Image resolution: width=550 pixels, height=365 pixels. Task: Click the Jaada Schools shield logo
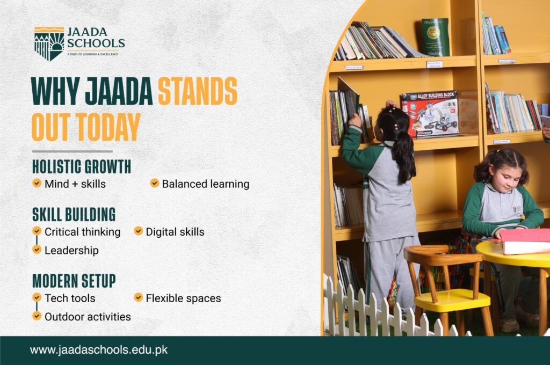[x=49, y=43]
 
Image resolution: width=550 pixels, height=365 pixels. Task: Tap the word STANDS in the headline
[x=197, y=92]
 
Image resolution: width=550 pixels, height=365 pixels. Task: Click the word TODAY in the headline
[x=108, y=127]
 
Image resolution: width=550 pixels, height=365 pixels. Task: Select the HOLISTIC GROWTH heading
[x=81, y=167]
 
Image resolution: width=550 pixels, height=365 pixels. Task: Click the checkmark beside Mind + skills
[x=37, y=183]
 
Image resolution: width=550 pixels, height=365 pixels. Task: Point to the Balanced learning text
[x=205, y=184]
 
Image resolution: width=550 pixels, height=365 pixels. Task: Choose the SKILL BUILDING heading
[x=74, y=215]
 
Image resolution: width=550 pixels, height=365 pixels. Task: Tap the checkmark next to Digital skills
[x=138, y=231]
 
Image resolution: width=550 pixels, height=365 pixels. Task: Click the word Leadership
[x=71, y=250]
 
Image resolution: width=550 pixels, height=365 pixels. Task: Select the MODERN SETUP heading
[x=74, y=281]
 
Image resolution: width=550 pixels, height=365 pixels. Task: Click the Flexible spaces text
[x=183, y=298]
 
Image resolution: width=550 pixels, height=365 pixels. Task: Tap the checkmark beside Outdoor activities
[x=37, y=316]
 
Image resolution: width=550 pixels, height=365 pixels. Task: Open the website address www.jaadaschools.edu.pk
[x=99, y=350]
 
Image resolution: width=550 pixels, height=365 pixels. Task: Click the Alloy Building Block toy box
[x=430, y=114]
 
